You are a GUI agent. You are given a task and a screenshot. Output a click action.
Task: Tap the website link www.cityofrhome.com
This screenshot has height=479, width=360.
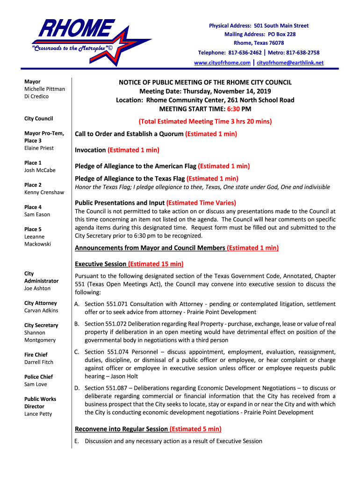[x=222, y=63]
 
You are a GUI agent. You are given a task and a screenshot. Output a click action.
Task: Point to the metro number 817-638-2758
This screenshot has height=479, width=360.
[x=302, y=53]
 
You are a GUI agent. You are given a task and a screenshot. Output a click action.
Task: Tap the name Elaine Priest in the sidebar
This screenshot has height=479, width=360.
[x=39, y=148]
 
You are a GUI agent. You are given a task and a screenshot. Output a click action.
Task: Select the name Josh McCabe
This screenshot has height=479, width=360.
[x=40, y=170]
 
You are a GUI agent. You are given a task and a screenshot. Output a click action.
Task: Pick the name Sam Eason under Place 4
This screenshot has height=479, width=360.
[x=37, y=215]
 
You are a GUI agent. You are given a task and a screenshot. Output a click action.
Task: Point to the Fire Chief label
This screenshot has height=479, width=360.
[x=36, y=355]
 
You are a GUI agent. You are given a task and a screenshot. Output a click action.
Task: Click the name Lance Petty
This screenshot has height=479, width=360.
[x=38, y=414]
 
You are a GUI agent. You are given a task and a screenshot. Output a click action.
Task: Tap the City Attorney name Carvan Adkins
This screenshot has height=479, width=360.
[x=41, y=311]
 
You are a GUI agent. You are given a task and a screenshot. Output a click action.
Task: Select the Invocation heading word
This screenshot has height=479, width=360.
[x=90, y=150]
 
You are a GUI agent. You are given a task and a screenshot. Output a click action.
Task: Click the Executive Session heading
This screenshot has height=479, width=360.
[x=101, y=264]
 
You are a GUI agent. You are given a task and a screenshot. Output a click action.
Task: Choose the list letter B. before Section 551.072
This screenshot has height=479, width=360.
[x=77, y=324]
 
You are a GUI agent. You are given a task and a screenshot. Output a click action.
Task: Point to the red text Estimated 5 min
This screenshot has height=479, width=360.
[x=195, y=429]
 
